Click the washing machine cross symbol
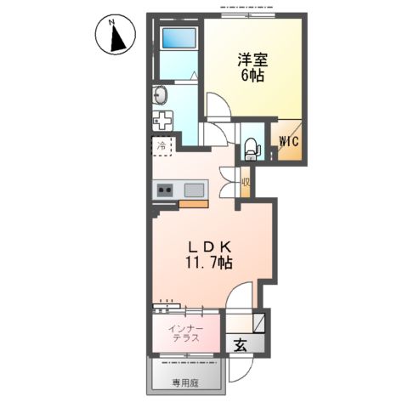click(161, 120)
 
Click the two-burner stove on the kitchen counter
click(163, 190)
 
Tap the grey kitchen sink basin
click(194, 190)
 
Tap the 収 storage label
click(245, 181)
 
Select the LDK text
click(209, 246)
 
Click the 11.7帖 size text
click(210, 263)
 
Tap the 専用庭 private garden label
click(187, 383)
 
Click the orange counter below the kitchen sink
click(195, 204)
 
